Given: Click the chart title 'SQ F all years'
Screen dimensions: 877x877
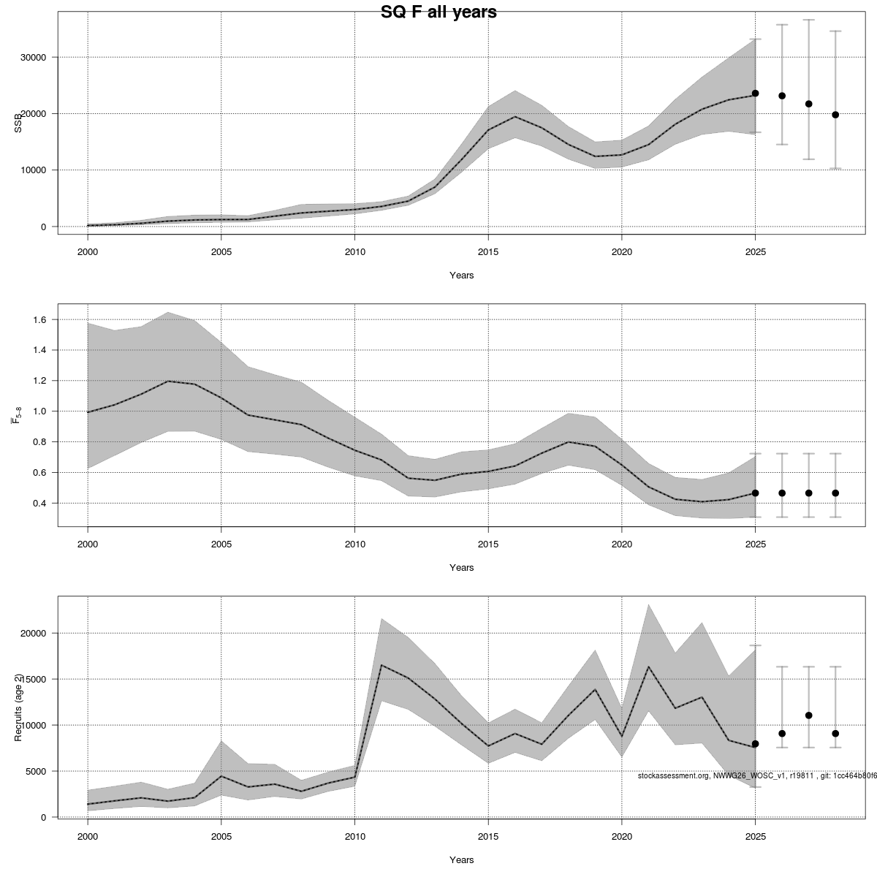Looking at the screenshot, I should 438,12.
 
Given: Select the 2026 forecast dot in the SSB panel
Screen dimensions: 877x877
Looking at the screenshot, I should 782,96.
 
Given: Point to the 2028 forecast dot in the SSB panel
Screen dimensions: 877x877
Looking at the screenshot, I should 835,115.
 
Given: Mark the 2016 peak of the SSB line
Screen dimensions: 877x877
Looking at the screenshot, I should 515,117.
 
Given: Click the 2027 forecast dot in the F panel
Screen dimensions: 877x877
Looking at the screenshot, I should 809,493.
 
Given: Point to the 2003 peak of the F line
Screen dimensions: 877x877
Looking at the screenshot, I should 168,381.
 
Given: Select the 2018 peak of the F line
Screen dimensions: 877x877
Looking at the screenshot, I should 568,442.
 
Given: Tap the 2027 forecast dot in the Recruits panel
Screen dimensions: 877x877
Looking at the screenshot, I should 809,715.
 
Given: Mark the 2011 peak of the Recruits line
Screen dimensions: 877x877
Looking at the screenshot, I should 381,665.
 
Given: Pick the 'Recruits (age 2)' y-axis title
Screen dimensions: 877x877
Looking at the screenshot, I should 19,707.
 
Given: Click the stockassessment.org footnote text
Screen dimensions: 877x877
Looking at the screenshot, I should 756,775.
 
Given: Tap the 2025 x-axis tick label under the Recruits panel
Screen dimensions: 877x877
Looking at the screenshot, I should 755,835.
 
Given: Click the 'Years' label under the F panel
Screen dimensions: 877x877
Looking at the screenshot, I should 461,568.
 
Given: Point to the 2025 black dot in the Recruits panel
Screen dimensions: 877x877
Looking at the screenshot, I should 755,744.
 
